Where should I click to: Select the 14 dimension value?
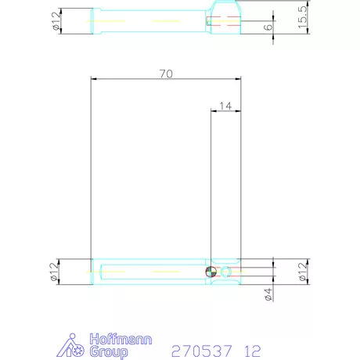coord(226,104)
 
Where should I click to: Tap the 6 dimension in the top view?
coord(269,26)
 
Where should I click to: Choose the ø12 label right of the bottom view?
coord(302,272)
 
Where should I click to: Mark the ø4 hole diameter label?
coord(268,294)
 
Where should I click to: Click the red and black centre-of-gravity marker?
coord(210,272)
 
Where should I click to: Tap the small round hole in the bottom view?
coord(226,272)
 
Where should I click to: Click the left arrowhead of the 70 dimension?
coord(93,78)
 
